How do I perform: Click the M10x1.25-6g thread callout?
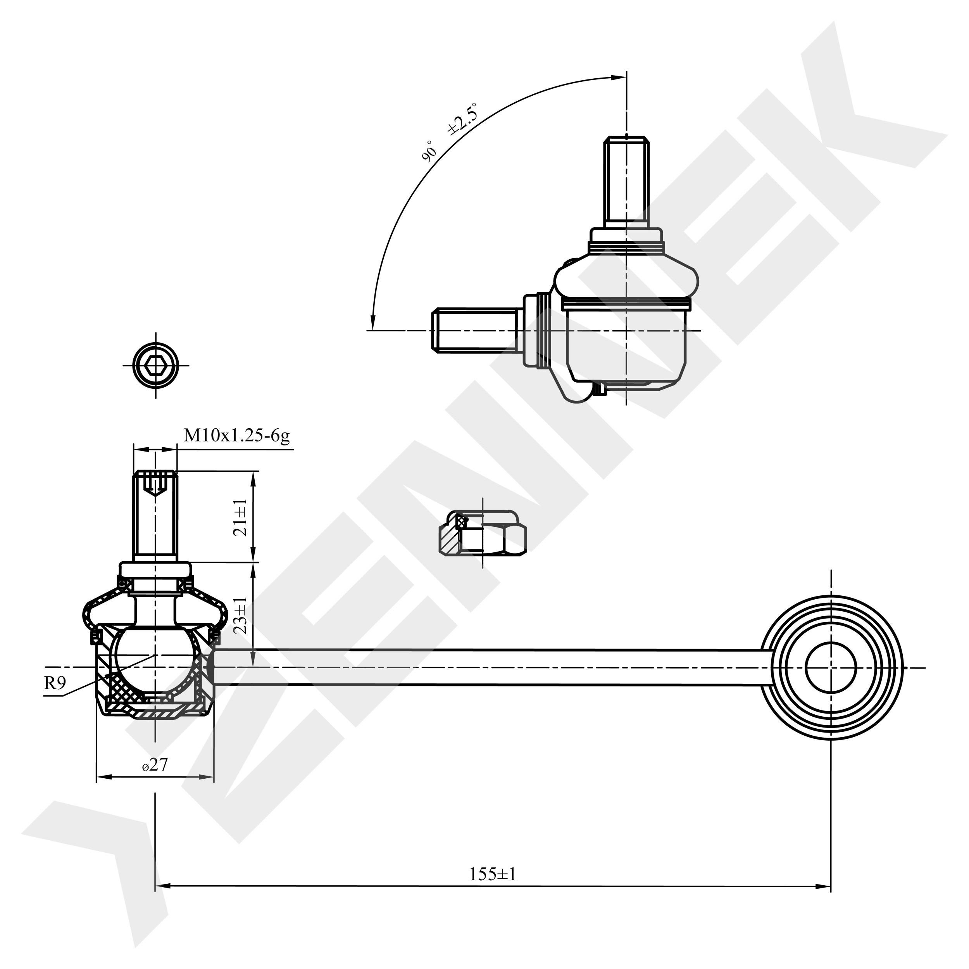click(x=237, y=436)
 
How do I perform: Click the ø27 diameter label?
click(x=155, y=766)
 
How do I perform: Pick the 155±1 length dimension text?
click(x=493, y=888)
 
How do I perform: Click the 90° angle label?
click(x=429, y=152)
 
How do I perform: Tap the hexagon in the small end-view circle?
click(x=155, y=365)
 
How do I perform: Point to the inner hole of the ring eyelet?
click(x=830, y=667)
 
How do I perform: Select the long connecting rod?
click(x=493, y=667)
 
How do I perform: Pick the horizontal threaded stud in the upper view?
click(x=474, y=329)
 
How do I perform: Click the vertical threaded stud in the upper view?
click(x=626, y=183)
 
